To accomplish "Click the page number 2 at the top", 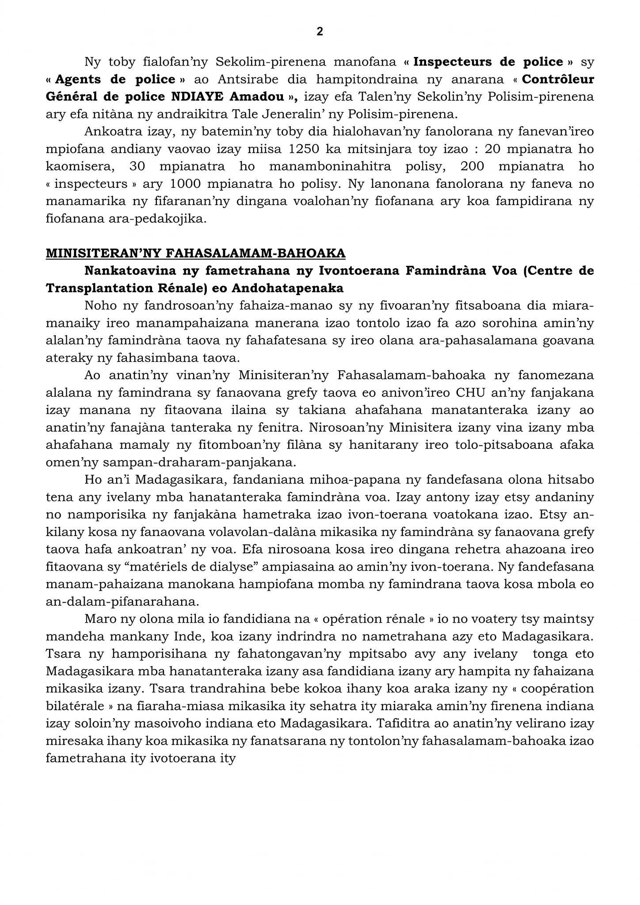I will pos(320,31).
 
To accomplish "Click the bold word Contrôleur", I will pos(558,80).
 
